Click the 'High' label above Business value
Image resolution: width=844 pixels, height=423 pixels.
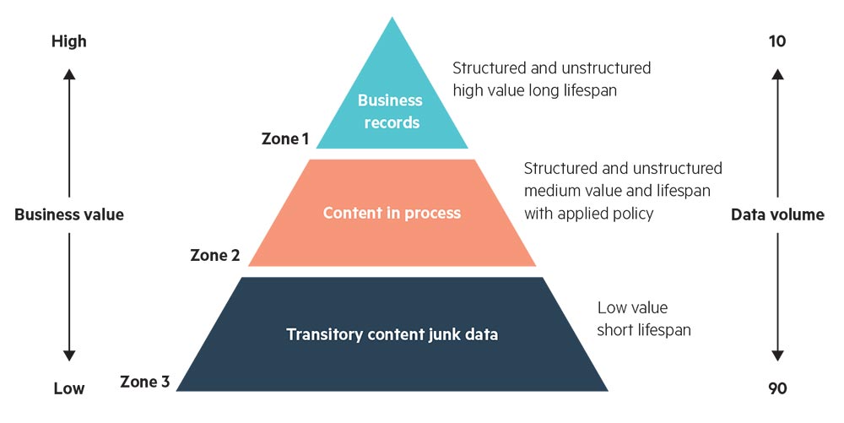click(x=68, y=41)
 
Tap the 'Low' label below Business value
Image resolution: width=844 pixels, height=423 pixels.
click(x=68, y=388)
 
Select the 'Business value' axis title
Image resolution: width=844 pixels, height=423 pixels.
click(x=69, y=214)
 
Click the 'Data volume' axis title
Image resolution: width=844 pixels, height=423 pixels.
click(x=777, y=214)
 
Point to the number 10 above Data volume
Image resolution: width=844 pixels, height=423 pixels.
click(x=777, y=41)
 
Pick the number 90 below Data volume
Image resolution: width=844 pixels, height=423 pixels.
click(x=777, y=388)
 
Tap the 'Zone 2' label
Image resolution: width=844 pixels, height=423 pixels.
click(x=215, y=254)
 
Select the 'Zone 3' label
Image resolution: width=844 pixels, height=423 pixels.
click(x=145, y=382)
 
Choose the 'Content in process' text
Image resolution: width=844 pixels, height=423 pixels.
click(x=392, y=213)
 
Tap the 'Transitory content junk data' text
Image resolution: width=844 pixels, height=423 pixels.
click(x=392, y=334)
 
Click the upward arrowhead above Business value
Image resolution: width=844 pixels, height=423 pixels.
click(x=69, y=73)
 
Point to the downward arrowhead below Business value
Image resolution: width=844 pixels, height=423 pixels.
click(x=69, y=355)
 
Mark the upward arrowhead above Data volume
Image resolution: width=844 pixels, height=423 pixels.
click(x=777, y=73)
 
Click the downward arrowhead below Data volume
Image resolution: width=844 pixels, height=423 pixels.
click(x=777, y=355)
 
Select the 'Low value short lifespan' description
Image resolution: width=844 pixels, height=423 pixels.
click(x=643, y=319)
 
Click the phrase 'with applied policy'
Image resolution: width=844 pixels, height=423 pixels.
click(x=588, y=214)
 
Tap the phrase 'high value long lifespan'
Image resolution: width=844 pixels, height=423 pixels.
click(x=534, y=89)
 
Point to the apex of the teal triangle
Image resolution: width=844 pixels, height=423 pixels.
click(x=392, y=19)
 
